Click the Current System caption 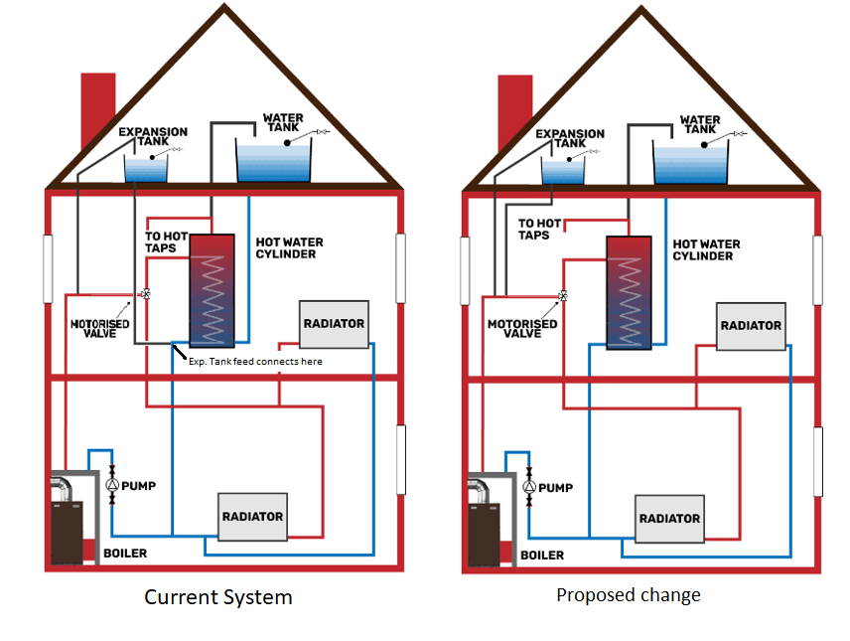point(218,597)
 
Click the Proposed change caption point(628,595)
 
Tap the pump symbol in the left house point(112,486)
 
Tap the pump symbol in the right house point(529,487)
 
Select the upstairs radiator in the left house point(334,324)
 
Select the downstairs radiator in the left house point(252,517)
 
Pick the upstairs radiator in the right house point(751,326)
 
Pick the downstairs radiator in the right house point(669,519)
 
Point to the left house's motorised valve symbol point(146,294)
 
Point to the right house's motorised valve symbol point(563,296)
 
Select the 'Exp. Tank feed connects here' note point(255,362)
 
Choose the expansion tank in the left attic point(146,169)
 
